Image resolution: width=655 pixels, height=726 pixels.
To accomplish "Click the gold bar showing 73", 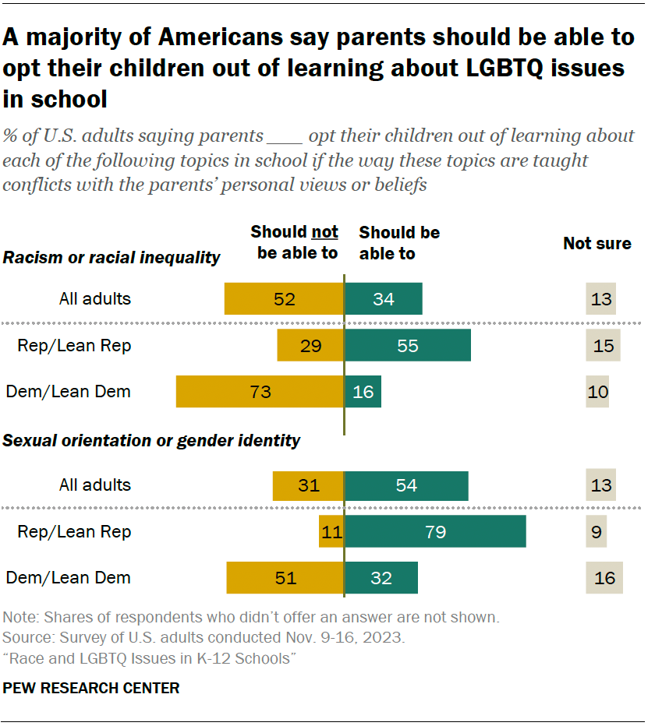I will point(260,392).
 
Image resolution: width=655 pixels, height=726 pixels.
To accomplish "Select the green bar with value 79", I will point(435,532).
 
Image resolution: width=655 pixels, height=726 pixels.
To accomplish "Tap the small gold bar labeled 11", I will point(331,532).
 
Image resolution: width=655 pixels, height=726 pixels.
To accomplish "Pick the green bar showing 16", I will point(363,392).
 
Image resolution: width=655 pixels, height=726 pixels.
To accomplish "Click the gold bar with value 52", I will point(284,299).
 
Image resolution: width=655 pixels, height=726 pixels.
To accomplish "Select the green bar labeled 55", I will point(408,346).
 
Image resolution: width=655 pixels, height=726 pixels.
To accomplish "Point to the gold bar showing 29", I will point(310,346).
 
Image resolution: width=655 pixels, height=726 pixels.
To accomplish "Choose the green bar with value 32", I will point(381,579).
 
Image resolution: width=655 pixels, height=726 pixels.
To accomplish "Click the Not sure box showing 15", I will point(603,346).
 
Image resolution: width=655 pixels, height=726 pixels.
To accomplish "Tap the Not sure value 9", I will point(597,532).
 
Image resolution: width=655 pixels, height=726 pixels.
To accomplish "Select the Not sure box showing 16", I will point(604,579).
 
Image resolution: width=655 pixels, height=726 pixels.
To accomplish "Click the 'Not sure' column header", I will point(597,244).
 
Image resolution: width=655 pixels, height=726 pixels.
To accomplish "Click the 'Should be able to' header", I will point(398,242).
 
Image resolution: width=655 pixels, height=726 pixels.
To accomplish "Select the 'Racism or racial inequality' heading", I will point(112,258).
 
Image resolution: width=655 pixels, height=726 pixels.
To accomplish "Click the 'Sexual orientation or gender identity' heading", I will point(152,441).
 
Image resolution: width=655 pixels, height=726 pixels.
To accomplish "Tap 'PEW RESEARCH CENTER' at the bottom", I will point(91,688).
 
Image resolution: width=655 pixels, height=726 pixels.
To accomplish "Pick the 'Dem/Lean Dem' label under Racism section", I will point(69,392).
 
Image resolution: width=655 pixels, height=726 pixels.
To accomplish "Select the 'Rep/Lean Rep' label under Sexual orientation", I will point(74,532).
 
